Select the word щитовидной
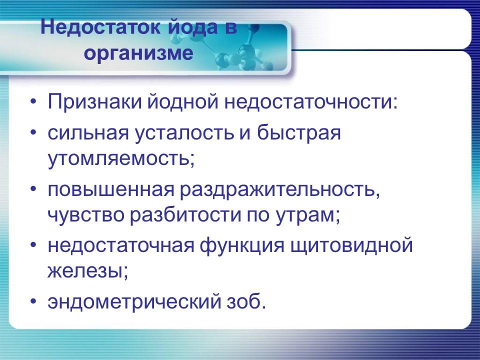[x=363, y=246]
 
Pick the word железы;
[x=88, y=271]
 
